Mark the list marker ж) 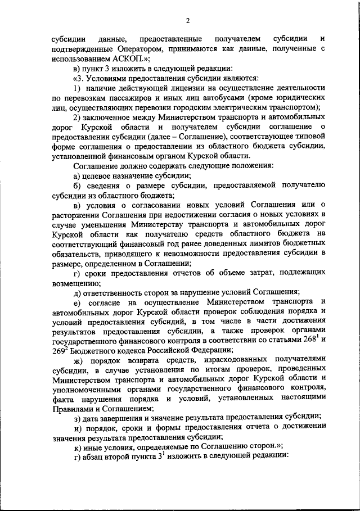tap(79, 360)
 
